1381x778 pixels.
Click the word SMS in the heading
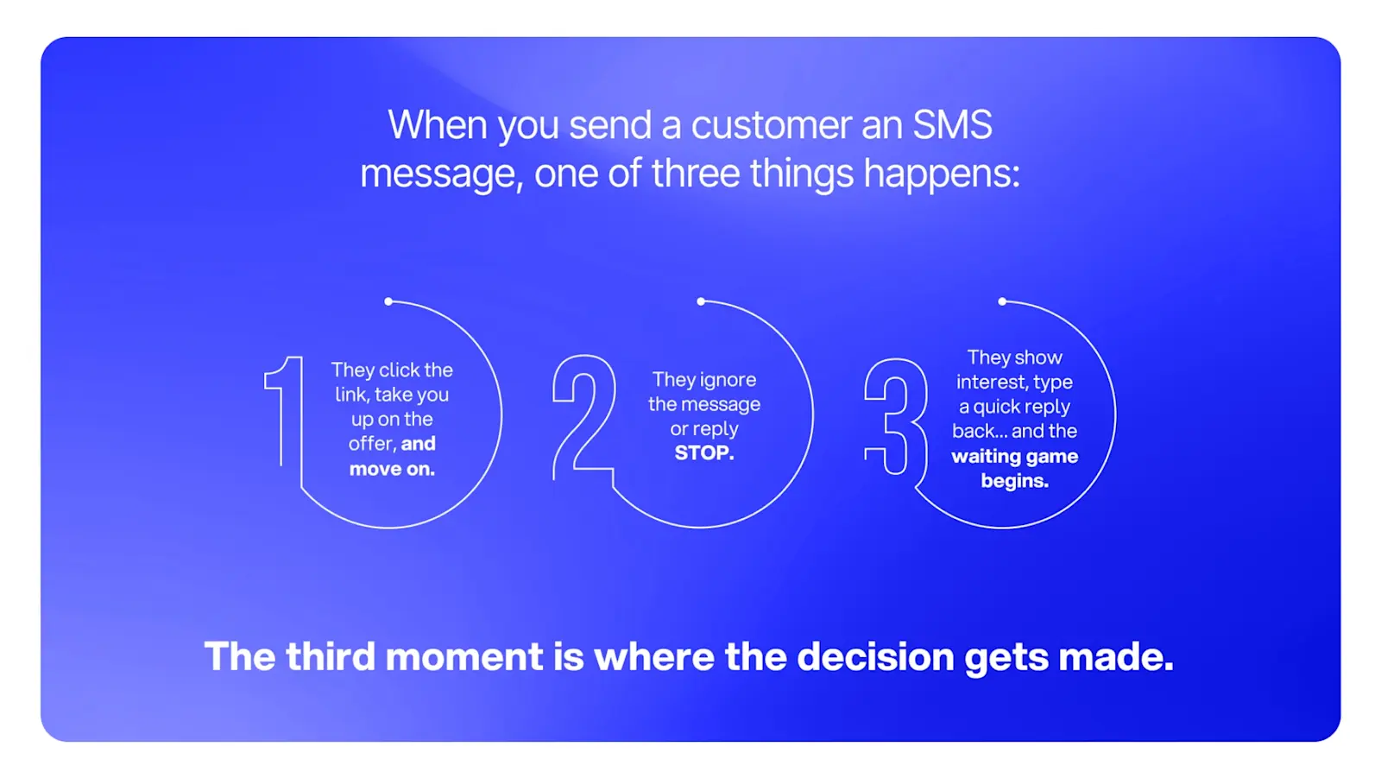952,125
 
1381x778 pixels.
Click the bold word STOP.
704,452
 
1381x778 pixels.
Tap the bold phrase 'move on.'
392,469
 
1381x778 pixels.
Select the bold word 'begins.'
1015,481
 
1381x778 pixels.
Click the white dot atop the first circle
388,301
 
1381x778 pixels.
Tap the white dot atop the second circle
701,301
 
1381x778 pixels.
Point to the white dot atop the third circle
1002,301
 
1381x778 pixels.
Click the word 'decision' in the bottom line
875,656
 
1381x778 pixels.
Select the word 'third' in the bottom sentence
331,656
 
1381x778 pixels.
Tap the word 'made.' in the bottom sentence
1116,656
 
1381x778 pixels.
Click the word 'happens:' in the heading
942,174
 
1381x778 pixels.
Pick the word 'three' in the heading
696,174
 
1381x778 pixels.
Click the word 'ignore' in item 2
731,380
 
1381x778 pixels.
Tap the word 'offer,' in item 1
371,444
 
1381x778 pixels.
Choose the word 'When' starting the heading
439,125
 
